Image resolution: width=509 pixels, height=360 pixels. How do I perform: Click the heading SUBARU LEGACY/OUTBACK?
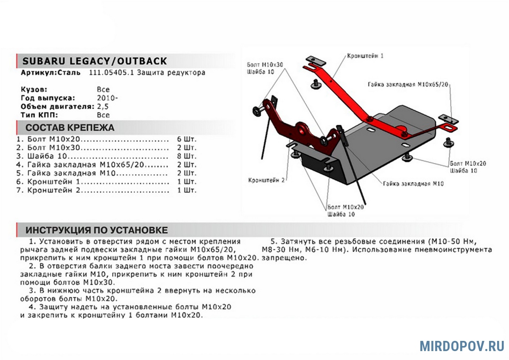point(94,61)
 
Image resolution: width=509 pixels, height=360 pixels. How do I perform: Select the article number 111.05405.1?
point(112,73)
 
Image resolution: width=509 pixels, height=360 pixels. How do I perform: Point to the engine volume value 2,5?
point(103,107)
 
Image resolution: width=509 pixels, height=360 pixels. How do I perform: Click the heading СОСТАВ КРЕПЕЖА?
point(70,127)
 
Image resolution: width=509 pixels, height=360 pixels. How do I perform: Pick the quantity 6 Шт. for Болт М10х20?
point(187,139)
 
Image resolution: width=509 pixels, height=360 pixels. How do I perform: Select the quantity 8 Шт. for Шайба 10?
point(187,156)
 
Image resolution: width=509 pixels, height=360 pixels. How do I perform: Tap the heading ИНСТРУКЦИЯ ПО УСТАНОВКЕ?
point(96,230)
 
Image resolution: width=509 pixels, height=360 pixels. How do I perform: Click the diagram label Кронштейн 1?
point(365,56)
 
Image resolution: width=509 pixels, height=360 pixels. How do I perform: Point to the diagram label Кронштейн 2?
point(266,180)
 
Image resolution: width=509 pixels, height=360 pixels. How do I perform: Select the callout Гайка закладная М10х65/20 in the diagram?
point(408,84)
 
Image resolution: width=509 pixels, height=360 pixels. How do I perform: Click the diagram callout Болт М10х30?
point(266,65)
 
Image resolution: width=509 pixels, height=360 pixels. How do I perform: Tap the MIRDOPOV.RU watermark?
point(462,346)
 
